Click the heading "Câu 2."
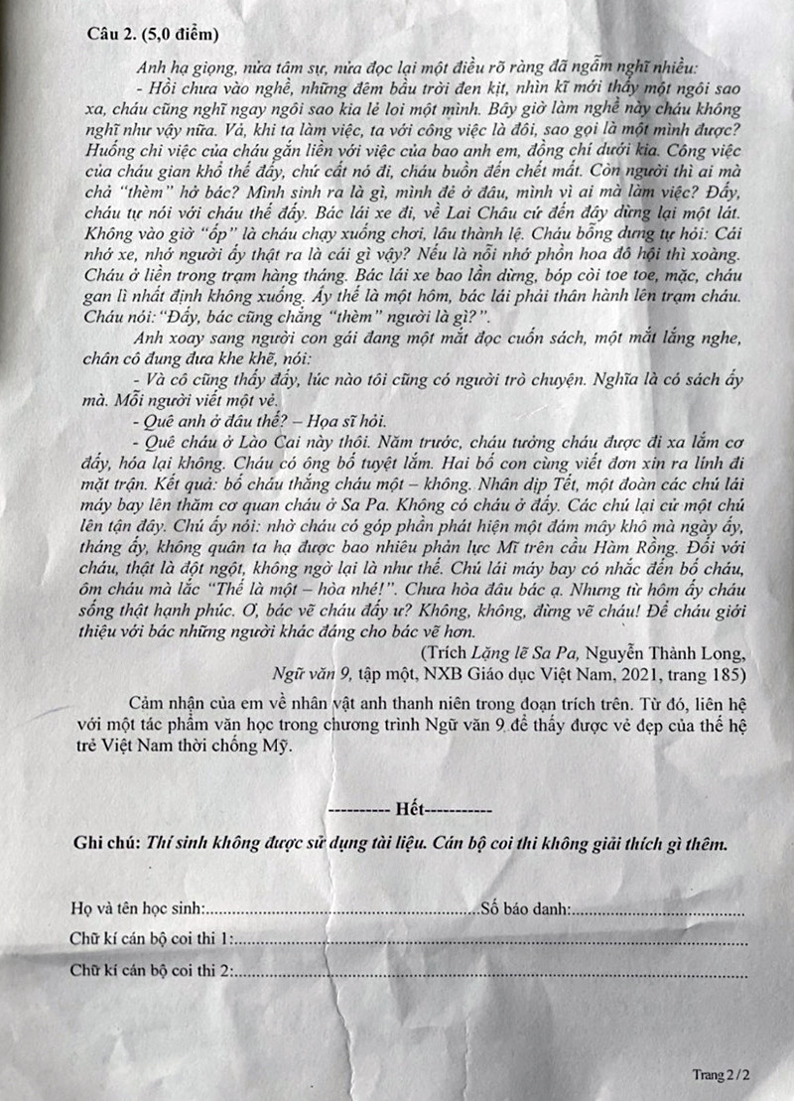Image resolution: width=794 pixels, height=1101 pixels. click(x=112, y=35)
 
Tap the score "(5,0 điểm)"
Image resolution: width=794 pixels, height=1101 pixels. click(x=181, y=35)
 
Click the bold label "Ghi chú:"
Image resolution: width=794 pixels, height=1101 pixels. click(x=107, y=844)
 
